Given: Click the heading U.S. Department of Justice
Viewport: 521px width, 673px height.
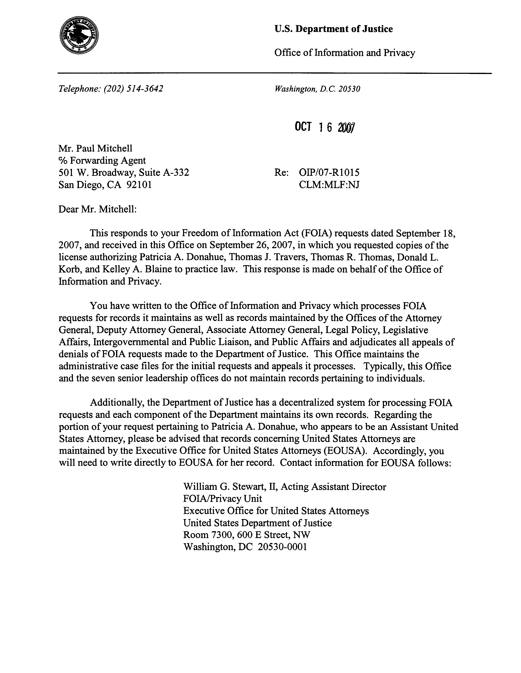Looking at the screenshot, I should (x=333, y=29).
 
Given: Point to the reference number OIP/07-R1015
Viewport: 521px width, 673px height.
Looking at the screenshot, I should (x=329, y=172).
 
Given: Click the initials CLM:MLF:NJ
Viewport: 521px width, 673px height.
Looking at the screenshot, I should (x=329, y=185).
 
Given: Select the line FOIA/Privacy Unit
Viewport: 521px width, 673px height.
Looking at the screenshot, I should (x=222, y=499).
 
